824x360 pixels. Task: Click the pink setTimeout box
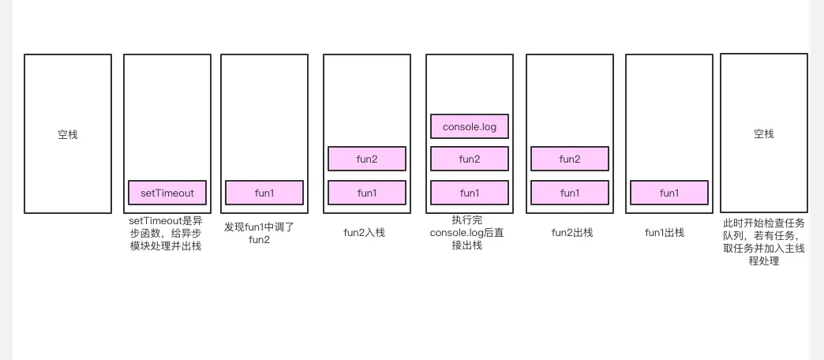coord(167,193)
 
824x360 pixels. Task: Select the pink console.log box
coord(470,126)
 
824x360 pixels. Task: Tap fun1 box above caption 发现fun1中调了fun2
coord(264,193)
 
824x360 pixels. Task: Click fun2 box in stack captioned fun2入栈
coord(367,159)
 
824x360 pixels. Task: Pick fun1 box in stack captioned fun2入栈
coord(367,193)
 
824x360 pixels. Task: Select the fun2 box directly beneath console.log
coord(470,159)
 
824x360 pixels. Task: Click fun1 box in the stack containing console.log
coord(470,193)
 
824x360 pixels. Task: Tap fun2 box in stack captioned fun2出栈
coord(570,159)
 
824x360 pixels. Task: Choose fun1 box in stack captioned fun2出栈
coord(570,193)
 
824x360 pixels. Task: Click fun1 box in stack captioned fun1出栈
coord(669,193)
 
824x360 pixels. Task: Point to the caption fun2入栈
coord(365,232)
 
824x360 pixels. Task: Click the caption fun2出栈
coord(572,232)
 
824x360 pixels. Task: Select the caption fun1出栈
coord(665,232)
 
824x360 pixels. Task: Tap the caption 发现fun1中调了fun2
coord(259,233)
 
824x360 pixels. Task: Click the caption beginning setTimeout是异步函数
coord(166,233)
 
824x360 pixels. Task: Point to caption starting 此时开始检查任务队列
coord(764,242)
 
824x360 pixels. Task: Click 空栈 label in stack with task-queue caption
coord(764,134)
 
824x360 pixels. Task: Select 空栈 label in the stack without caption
coord(68,135)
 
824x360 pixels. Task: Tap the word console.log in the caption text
coord(458,233)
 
